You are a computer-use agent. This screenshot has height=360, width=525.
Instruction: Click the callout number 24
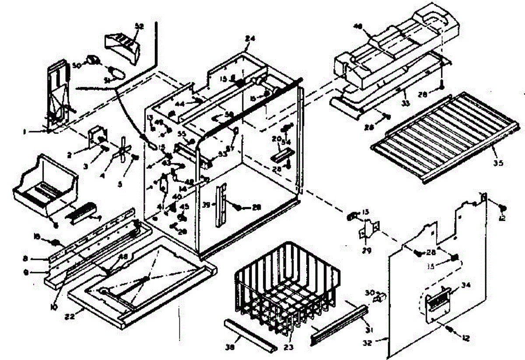click(250, 38)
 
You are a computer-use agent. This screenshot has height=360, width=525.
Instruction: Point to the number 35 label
click(498, 163)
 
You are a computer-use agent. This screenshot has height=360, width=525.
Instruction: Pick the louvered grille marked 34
click(437, 302)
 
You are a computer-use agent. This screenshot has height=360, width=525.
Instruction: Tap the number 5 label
click(120, 184)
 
